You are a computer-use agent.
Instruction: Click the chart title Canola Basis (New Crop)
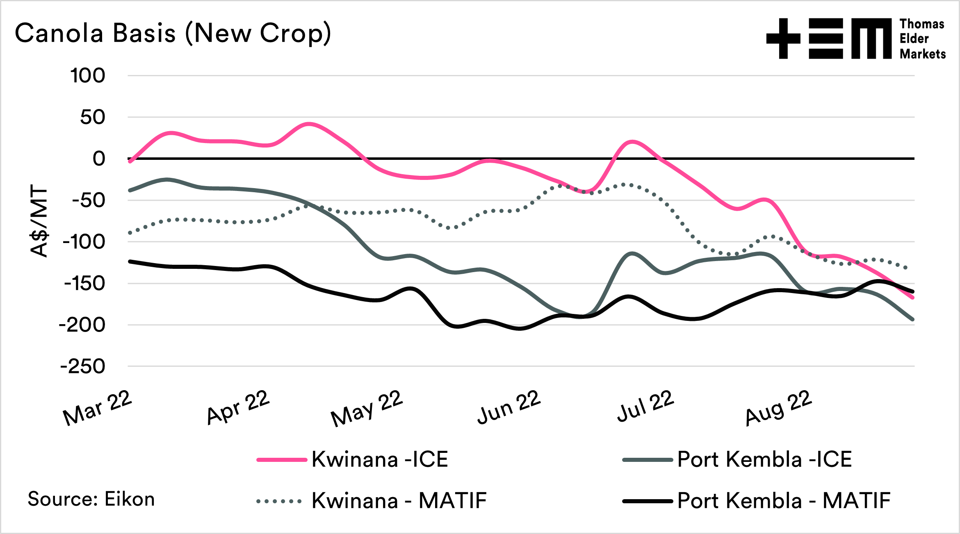coord(173,33)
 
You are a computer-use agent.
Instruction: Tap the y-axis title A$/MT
coord(39,221)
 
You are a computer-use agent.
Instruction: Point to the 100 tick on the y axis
coord(88,76)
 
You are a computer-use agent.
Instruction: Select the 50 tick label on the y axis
coord(93,118)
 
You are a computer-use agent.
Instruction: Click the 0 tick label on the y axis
coord(99,159)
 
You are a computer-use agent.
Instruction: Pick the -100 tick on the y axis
coord(84,242)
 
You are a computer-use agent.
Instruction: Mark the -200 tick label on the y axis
coord(82,325)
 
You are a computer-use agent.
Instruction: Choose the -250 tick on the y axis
coord(83,366)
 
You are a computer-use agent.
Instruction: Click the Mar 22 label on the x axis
coord(98,407)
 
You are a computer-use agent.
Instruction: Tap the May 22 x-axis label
coord(367,408)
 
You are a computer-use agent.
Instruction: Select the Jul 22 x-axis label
coord(645,406)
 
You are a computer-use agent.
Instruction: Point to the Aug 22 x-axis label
coord(778,407)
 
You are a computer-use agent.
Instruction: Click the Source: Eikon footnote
coord(91,499)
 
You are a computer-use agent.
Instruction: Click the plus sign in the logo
coord(783,39)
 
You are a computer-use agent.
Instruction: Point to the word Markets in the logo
coord(923,54)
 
